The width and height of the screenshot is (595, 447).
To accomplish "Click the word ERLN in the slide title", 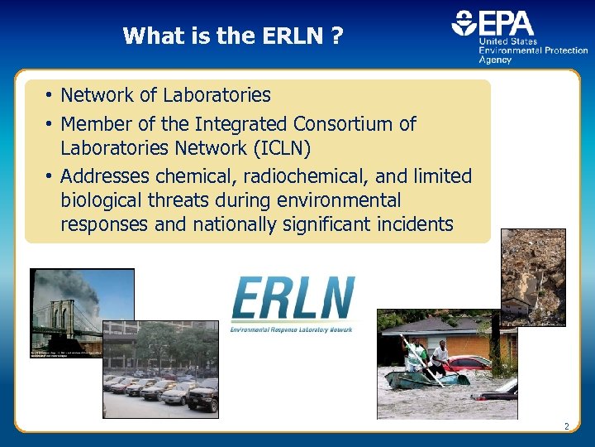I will click(x=297, y=36).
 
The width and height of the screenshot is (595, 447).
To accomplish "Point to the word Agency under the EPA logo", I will click(x=495, y=60).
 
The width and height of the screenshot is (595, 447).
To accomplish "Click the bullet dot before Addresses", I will click(x=50, y=176).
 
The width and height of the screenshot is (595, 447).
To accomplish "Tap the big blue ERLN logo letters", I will click(x=293, y=299).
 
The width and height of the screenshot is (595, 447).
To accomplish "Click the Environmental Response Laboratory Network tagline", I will click(x=291, y=329).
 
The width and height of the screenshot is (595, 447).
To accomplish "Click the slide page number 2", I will click(x=566, y=426).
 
